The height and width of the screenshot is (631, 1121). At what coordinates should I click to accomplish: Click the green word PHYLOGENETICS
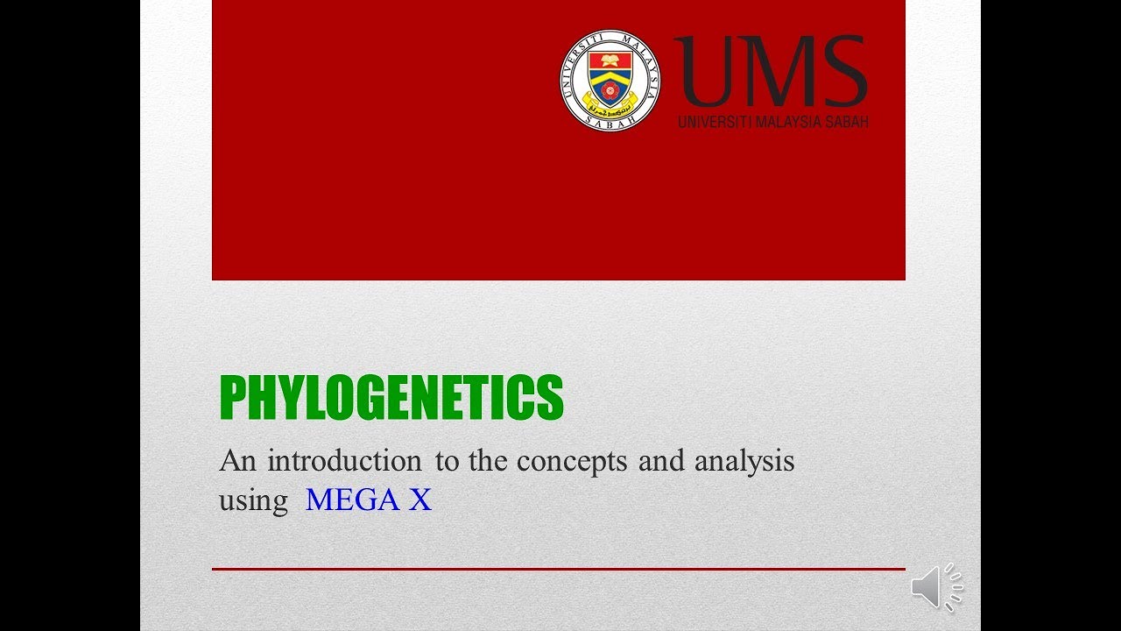[391, 399]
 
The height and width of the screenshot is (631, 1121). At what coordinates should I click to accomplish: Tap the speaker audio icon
[935, 586]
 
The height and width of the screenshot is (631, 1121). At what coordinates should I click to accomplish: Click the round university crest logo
[610, 82]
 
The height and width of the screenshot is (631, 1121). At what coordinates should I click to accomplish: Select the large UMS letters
[771, 72]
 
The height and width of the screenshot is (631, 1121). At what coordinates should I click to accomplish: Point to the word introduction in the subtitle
[344, 461]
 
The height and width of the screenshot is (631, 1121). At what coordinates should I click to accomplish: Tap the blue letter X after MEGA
[420, 500]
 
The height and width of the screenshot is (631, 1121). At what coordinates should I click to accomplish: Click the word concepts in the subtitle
[571, 461]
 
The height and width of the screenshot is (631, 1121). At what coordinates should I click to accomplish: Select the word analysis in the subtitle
[744, 461]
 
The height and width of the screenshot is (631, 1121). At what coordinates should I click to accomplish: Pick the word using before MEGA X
[253, 501]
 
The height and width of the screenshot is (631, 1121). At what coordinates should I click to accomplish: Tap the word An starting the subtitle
[238, 461]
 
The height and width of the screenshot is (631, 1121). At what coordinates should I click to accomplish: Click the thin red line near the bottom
[558, 569]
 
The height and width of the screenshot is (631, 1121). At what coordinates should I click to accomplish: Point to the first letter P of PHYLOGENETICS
[231, 399]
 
